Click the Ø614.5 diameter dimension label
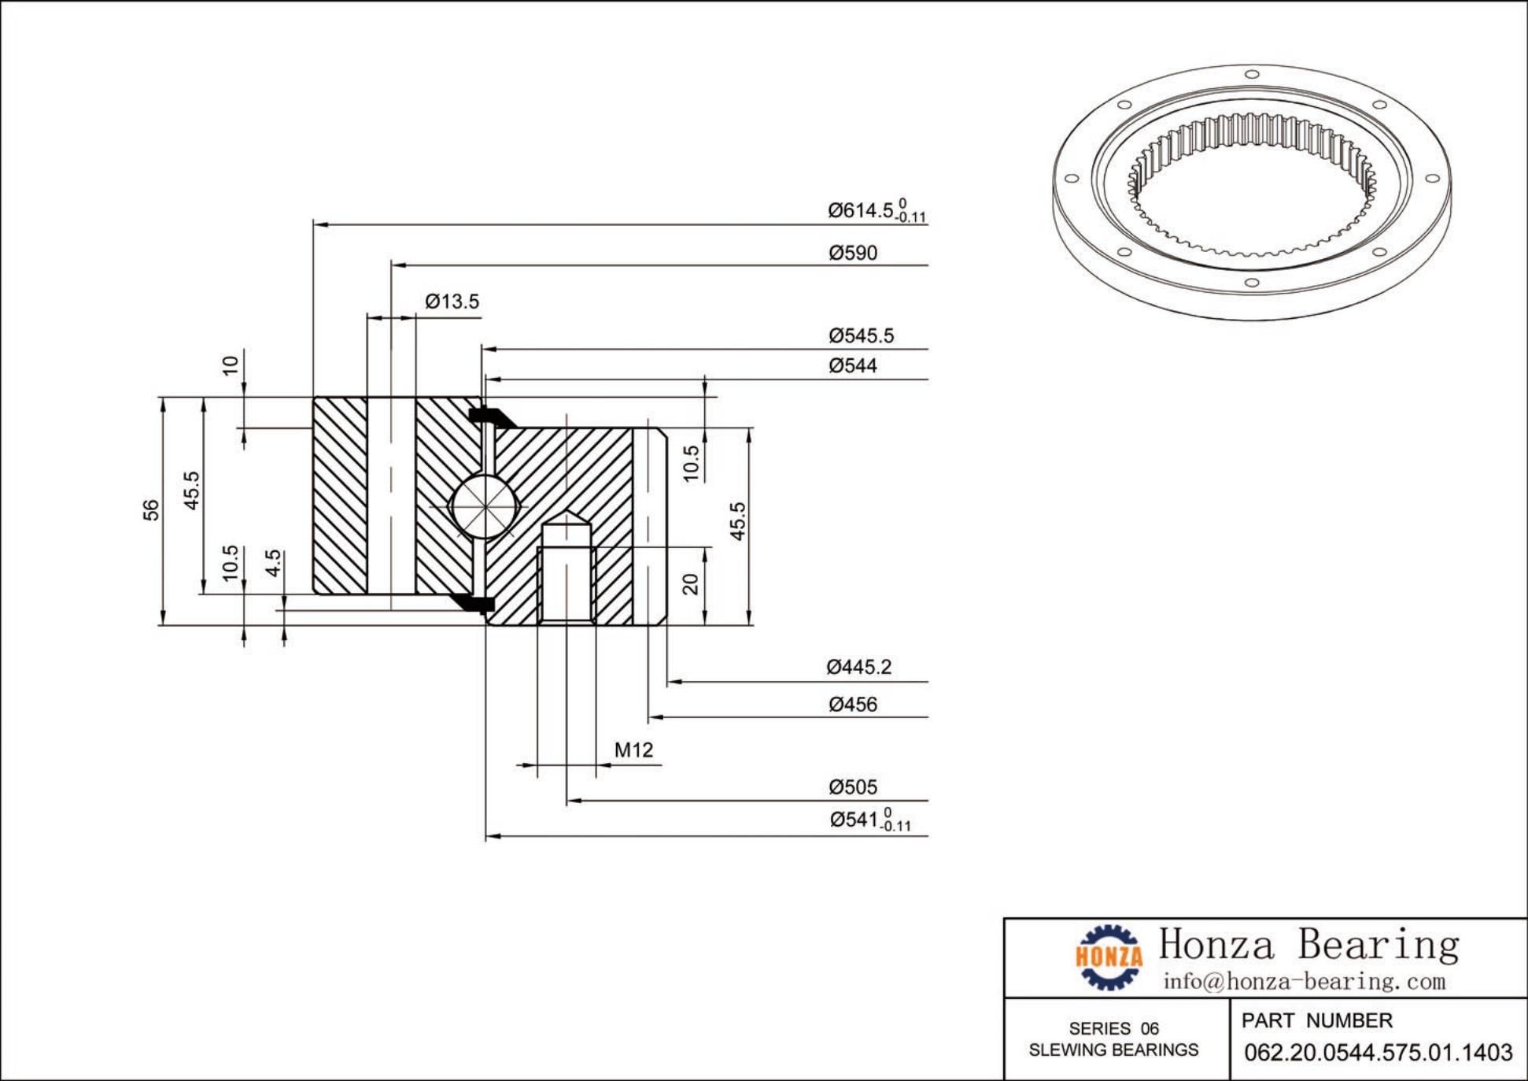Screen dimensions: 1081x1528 [x=875, y=210]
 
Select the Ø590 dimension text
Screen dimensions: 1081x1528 [x=853, y=253]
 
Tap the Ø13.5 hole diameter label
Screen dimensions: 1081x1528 [x=452, y=302]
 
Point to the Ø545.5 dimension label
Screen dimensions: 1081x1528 [x=861, y=336]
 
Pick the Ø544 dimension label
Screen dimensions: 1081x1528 [x=853, y=366]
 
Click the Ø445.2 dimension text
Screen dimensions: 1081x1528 [x=858, y=668]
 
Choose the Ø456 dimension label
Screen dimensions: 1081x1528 [x=853, y=705]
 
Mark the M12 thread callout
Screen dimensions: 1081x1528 [x=633, y=750]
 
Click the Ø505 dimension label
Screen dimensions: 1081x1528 [x=853, y=787]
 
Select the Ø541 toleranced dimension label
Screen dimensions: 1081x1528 [x=869, y=820]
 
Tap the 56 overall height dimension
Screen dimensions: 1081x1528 [x=151, y=510]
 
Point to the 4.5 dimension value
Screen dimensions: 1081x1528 [x=273, y=562]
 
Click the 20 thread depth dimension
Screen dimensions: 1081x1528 [x=690, y=584]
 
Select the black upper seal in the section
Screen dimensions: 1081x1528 [x=490, y=416]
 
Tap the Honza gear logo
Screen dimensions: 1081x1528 [x=1109, y=957]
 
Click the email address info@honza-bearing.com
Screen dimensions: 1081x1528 [x=1304, y=982]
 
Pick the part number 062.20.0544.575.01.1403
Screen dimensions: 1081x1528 [x=1378, y=1053]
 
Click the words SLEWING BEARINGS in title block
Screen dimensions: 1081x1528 [x=1113, y=1050]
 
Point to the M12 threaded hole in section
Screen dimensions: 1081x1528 [x=567, y=583]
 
